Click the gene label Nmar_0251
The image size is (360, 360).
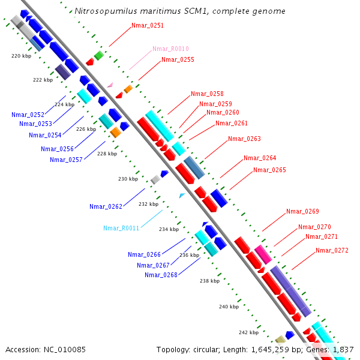(148, 26)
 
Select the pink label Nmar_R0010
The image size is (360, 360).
(170, 49)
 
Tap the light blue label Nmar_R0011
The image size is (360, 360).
(121, 228)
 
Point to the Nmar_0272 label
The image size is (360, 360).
(332, 250)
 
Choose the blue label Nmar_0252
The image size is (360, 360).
(28, 115)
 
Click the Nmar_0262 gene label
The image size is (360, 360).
(106, 206)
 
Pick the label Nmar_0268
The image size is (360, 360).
(161, 275)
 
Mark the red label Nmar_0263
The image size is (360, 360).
(244, 139)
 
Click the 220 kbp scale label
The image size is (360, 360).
(22, 56)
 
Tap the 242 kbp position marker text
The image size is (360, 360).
(248, 332)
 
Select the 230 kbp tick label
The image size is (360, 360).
(128, 179)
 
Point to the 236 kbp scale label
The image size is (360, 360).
(189, 255)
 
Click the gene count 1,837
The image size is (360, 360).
(343, 349)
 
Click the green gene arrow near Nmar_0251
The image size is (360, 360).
(99, 55)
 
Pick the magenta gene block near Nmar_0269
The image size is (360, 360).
(260, 251)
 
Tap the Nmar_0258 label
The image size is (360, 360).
(207, 94)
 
